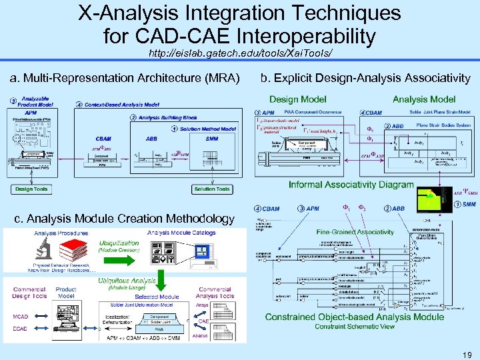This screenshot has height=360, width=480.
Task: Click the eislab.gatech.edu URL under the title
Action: (x=239, y=52)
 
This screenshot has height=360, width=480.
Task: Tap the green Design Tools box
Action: (x=31, y=189)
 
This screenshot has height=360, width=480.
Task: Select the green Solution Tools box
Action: (x=212, y=189)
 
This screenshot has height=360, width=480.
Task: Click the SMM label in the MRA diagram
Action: (x=212, y=139)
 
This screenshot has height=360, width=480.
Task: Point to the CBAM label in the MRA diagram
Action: (x=103, y=139)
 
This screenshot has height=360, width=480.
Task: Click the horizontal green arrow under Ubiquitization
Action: (x=118, y=257)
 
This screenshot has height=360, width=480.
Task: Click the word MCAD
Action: (x=19, y=317)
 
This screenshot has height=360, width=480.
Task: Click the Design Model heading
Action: (x=297, y=99)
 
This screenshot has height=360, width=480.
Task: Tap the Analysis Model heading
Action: (x=423, y=99)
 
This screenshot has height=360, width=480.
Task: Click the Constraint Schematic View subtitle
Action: (x=354, y=326)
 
